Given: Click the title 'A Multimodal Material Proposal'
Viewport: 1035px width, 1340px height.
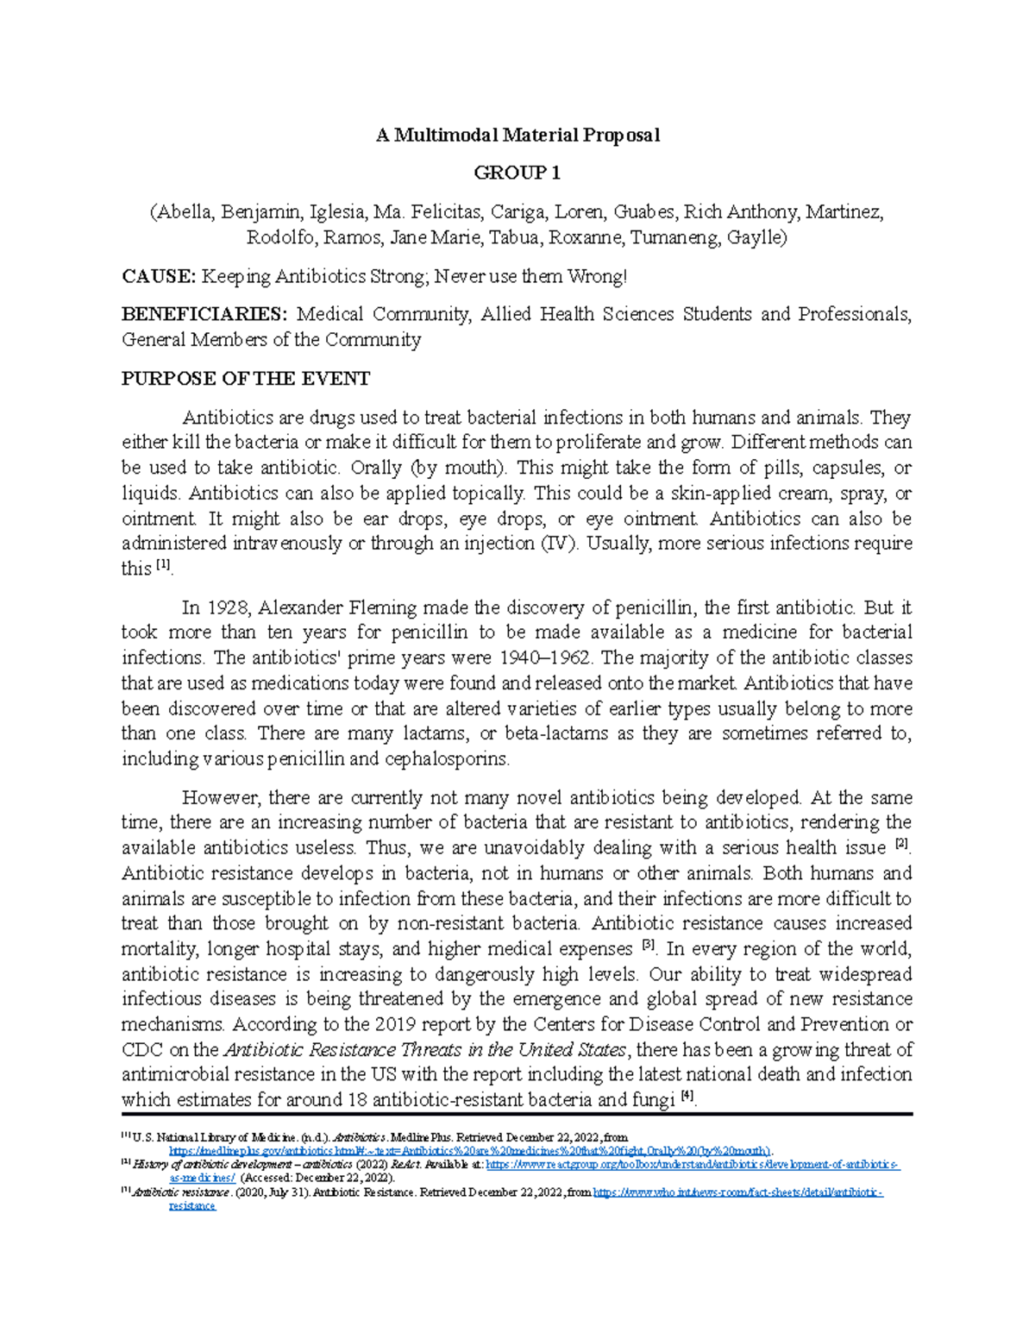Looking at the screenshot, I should (517, 135).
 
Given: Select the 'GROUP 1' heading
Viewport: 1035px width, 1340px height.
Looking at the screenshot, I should (517, 173).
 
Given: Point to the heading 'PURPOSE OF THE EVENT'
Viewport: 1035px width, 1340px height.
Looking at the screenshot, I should (246, 379).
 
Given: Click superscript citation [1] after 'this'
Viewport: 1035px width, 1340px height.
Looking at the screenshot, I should (164, 566).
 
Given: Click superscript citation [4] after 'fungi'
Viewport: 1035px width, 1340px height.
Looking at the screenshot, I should (687, 1097).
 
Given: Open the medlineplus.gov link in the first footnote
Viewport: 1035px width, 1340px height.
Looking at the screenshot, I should (470, 1151).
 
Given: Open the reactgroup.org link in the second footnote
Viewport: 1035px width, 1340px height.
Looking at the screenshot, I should (690, 1165).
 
